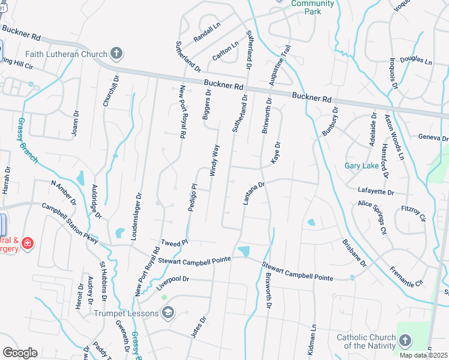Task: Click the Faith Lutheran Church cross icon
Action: click(x=116, y=55)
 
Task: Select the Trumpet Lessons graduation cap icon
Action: click(x=169, y=313)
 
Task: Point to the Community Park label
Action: click(x=312, y=7)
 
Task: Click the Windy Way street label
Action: click(x=214, y=160)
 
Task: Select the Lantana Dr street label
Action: click(x=254, y=193)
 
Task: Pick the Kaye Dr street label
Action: click(x=276, y=154)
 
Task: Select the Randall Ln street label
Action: click(x=207, y=33)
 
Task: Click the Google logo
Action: click(x=20, y=352)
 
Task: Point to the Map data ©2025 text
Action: click(x=423, y=355)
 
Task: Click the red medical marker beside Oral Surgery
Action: click(x=27, y=243)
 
